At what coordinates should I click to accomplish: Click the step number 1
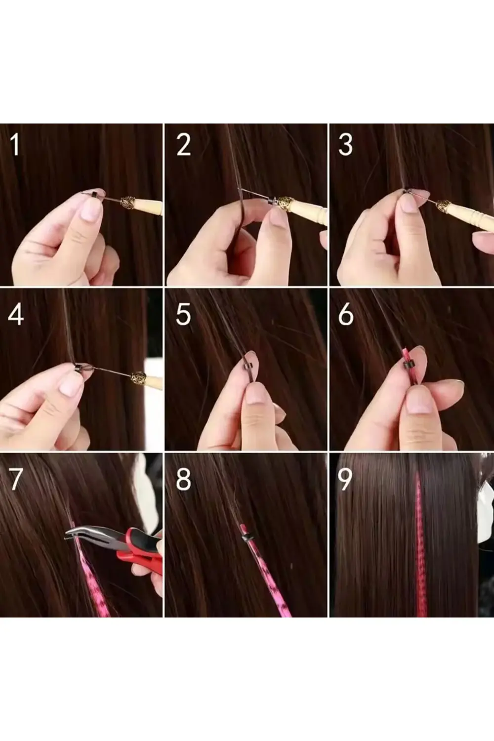point(16,145)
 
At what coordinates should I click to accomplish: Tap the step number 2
point(183,145)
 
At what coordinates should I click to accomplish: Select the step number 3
point(346,145)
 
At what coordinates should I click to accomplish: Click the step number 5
point(183,314)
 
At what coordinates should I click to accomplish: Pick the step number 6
point(346,314)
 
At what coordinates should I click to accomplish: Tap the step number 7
point(16,478)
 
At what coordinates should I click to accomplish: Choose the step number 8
point(183,478)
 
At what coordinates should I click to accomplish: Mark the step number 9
point(344,478)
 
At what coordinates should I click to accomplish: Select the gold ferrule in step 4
point(140,380)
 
